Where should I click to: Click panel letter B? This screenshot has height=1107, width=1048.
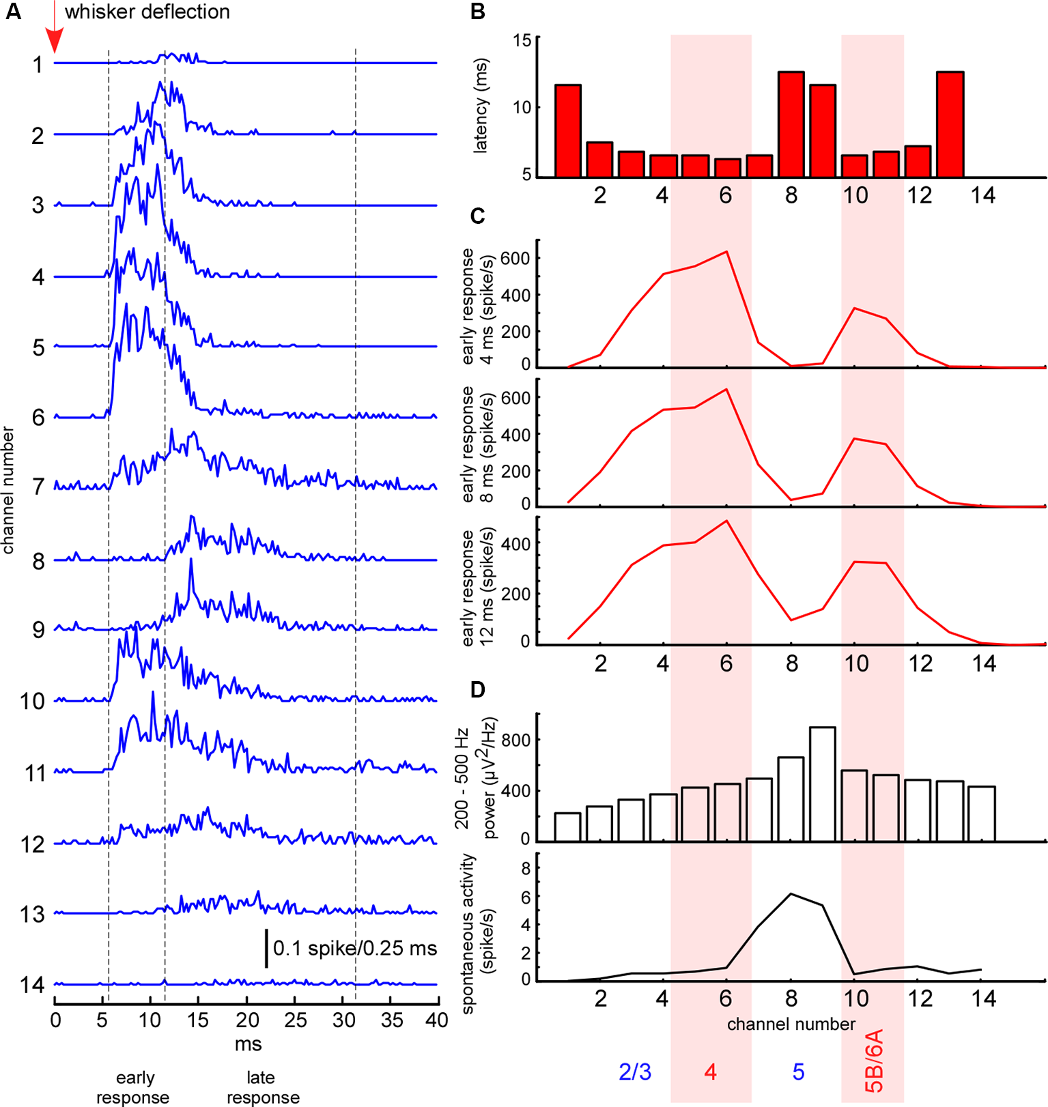[478, 12]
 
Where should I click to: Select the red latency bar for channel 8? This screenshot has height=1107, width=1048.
[791, 124]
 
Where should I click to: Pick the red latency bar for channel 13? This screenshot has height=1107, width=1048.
[950, 124]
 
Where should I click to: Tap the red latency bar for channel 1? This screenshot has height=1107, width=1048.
[568, 131]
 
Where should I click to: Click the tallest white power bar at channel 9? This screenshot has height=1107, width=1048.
[823, 783]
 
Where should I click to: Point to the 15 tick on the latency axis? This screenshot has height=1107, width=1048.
[522, 40]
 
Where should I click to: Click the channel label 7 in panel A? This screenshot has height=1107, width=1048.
[38, 487]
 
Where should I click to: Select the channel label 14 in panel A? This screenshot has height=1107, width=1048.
[31, 985]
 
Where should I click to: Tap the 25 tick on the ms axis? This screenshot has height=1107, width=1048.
[296, 1020]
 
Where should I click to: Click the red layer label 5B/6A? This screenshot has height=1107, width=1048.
[874, 1061]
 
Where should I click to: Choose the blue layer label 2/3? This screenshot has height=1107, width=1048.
[635, 1072]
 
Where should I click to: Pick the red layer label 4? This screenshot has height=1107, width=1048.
[710, 1072]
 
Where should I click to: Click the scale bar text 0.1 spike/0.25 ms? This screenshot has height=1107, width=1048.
[355, 948]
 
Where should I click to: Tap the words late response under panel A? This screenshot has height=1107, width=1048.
[262, 1087]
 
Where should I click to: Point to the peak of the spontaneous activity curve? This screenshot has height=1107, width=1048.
[791, 894]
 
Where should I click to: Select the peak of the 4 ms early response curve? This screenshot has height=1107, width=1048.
[726, 252]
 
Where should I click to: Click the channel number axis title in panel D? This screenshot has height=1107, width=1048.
[791, 1024]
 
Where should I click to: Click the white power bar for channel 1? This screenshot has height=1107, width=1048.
[568, 826]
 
